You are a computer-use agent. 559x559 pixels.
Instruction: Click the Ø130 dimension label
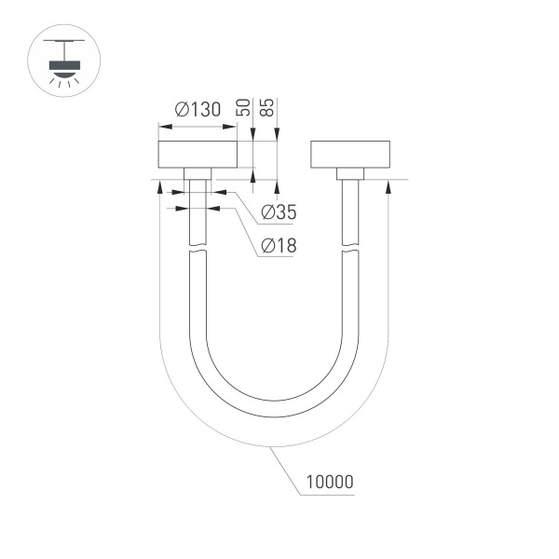pyautogui.click(x=197, y=109)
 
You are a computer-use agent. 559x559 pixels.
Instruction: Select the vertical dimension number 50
pyautogui.click(x=243, y=104)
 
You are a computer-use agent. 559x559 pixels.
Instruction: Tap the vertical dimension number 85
pyautogui.click(x=268, y=104)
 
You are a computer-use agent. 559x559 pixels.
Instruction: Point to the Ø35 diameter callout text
pyautogui.click(x=277, y=212)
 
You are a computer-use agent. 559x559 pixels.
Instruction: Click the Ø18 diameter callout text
pyautogui.click(x=277, y=246)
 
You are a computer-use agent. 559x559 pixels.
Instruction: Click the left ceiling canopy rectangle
pyautogui.click(x=197, y=155)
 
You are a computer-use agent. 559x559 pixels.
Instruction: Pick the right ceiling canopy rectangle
pyautogui.click(x=348, y=155)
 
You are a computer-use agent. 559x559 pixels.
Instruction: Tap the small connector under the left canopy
pyautogui.click(x=197, y=173)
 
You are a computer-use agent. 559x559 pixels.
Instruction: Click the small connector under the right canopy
pyautogui.click(x=348, y=173)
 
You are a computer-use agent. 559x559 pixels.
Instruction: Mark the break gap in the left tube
pyautogui.click(x=197, y=249)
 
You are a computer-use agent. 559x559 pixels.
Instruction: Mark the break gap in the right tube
pyautogui.click(x=348, y=249)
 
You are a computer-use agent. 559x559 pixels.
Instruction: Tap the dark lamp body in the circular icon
pyautogui.click(x=62, y=66)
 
